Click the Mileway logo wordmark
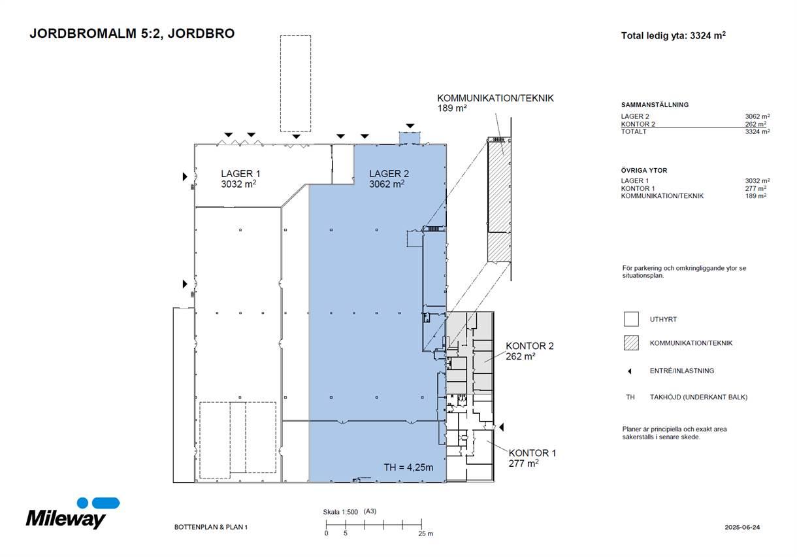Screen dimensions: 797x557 click(x=66, y=518)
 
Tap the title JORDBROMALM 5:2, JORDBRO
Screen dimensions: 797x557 click(x=132, y=33)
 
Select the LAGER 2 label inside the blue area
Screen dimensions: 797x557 click(x=389, y=178)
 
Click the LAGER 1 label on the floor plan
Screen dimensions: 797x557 click(x=240, y=178)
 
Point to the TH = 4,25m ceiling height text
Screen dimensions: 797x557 click(x=408, y=467)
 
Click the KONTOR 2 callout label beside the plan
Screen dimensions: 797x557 click(x=529, y=351)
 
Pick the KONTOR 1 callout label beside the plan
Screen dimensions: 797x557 click(x=532, y=458)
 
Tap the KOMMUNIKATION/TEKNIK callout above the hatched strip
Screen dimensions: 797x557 click(x=495, y=103)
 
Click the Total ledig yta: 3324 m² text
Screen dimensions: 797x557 click(x=673, y=35)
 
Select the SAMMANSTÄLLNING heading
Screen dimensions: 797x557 click(x=655, y=105)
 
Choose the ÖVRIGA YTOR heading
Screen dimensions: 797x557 click(x=644, y=170)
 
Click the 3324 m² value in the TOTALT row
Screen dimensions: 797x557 click(x=758, y=131)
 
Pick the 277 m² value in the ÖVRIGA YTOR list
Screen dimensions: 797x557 click(x=756, y=188)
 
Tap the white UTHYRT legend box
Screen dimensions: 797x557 click(x=631, y=319)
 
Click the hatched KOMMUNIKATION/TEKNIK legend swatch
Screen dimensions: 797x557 click(x=631, y=343)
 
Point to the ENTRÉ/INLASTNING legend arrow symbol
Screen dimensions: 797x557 click(x=629, y=371)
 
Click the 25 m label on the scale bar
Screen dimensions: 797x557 click(x=425, y=533)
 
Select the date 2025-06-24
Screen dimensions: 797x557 click(x=742, y=527)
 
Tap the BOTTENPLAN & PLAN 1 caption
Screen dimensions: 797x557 click(x=210, y=527)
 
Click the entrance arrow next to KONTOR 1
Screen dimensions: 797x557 click(x=501, y=427)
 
